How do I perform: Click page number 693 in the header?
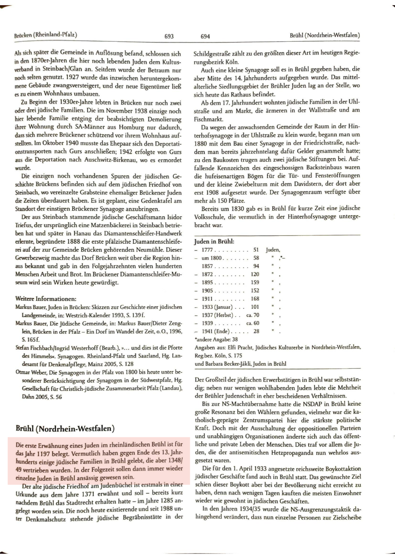click(169, 36)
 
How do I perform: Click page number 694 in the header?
click(205, 36)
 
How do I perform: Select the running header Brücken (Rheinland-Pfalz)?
click(46, 35)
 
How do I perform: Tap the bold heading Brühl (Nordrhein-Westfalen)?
click(65, 428)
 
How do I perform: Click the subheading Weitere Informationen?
click(46, 299)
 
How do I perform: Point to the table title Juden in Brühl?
click(214, 241)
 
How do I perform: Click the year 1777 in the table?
click(207, 250)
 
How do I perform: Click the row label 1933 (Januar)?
click(217, 307)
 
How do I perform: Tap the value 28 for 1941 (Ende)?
click(256, 331)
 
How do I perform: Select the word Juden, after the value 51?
click(273, 250)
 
